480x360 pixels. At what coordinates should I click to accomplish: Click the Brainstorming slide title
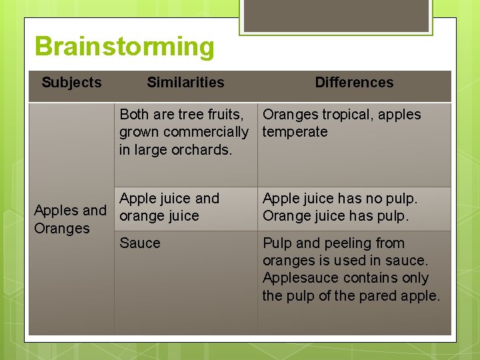(x=125, y=47)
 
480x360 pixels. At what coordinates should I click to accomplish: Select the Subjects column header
(x=71, y=83)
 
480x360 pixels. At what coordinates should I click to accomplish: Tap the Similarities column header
(x=185, y=83)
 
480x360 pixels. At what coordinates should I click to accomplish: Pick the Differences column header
(x=354, y=83)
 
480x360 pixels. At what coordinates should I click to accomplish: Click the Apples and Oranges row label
(x=70, y=219)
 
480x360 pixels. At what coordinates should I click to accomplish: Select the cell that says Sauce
(x=140, y=243)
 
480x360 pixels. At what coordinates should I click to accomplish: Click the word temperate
(x=295, y=132)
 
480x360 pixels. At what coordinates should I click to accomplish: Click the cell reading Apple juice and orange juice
(x=169, y=207)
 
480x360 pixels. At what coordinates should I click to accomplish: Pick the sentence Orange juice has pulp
(x=335, y=216)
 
